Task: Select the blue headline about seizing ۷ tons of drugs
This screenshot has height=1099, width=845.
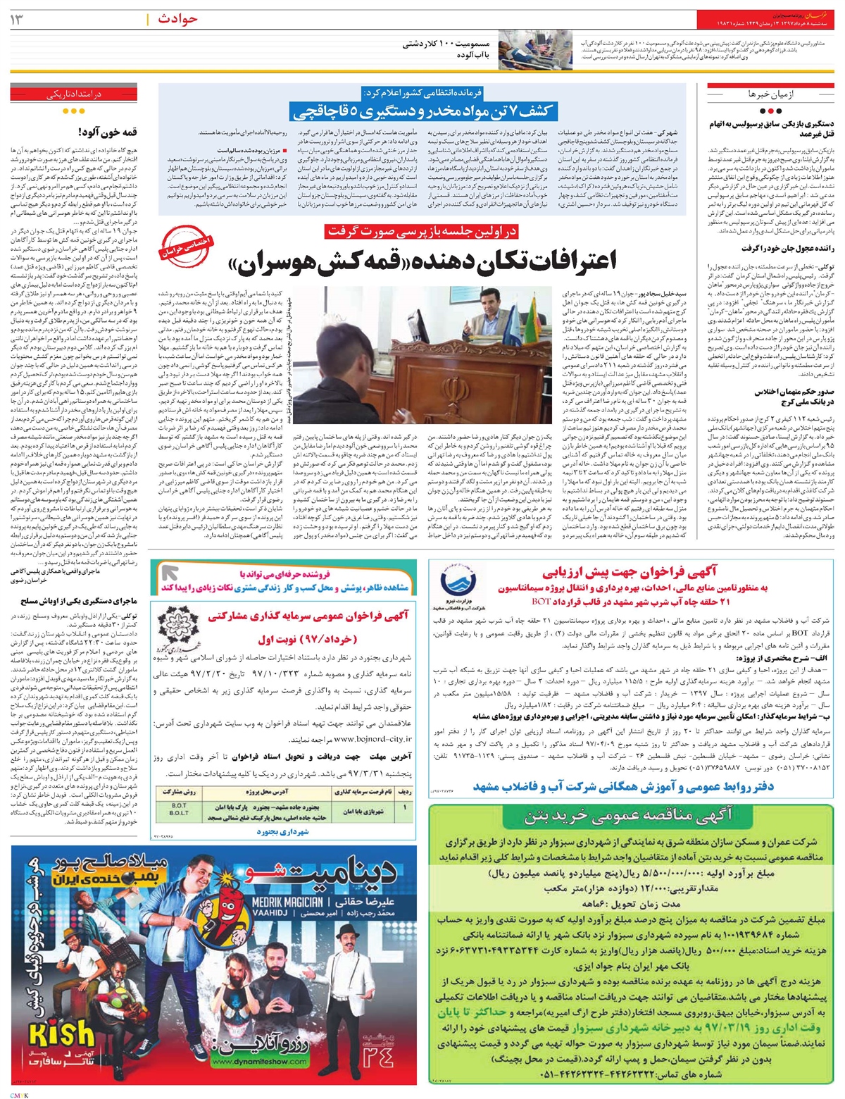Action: click(x=423, y=111)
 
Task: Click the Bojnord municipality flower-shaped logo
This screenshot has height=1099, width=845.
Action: click(x=173, y=627)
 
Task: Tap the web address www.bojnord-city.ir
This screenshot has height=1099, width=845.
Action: click(x=374, y=740)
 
